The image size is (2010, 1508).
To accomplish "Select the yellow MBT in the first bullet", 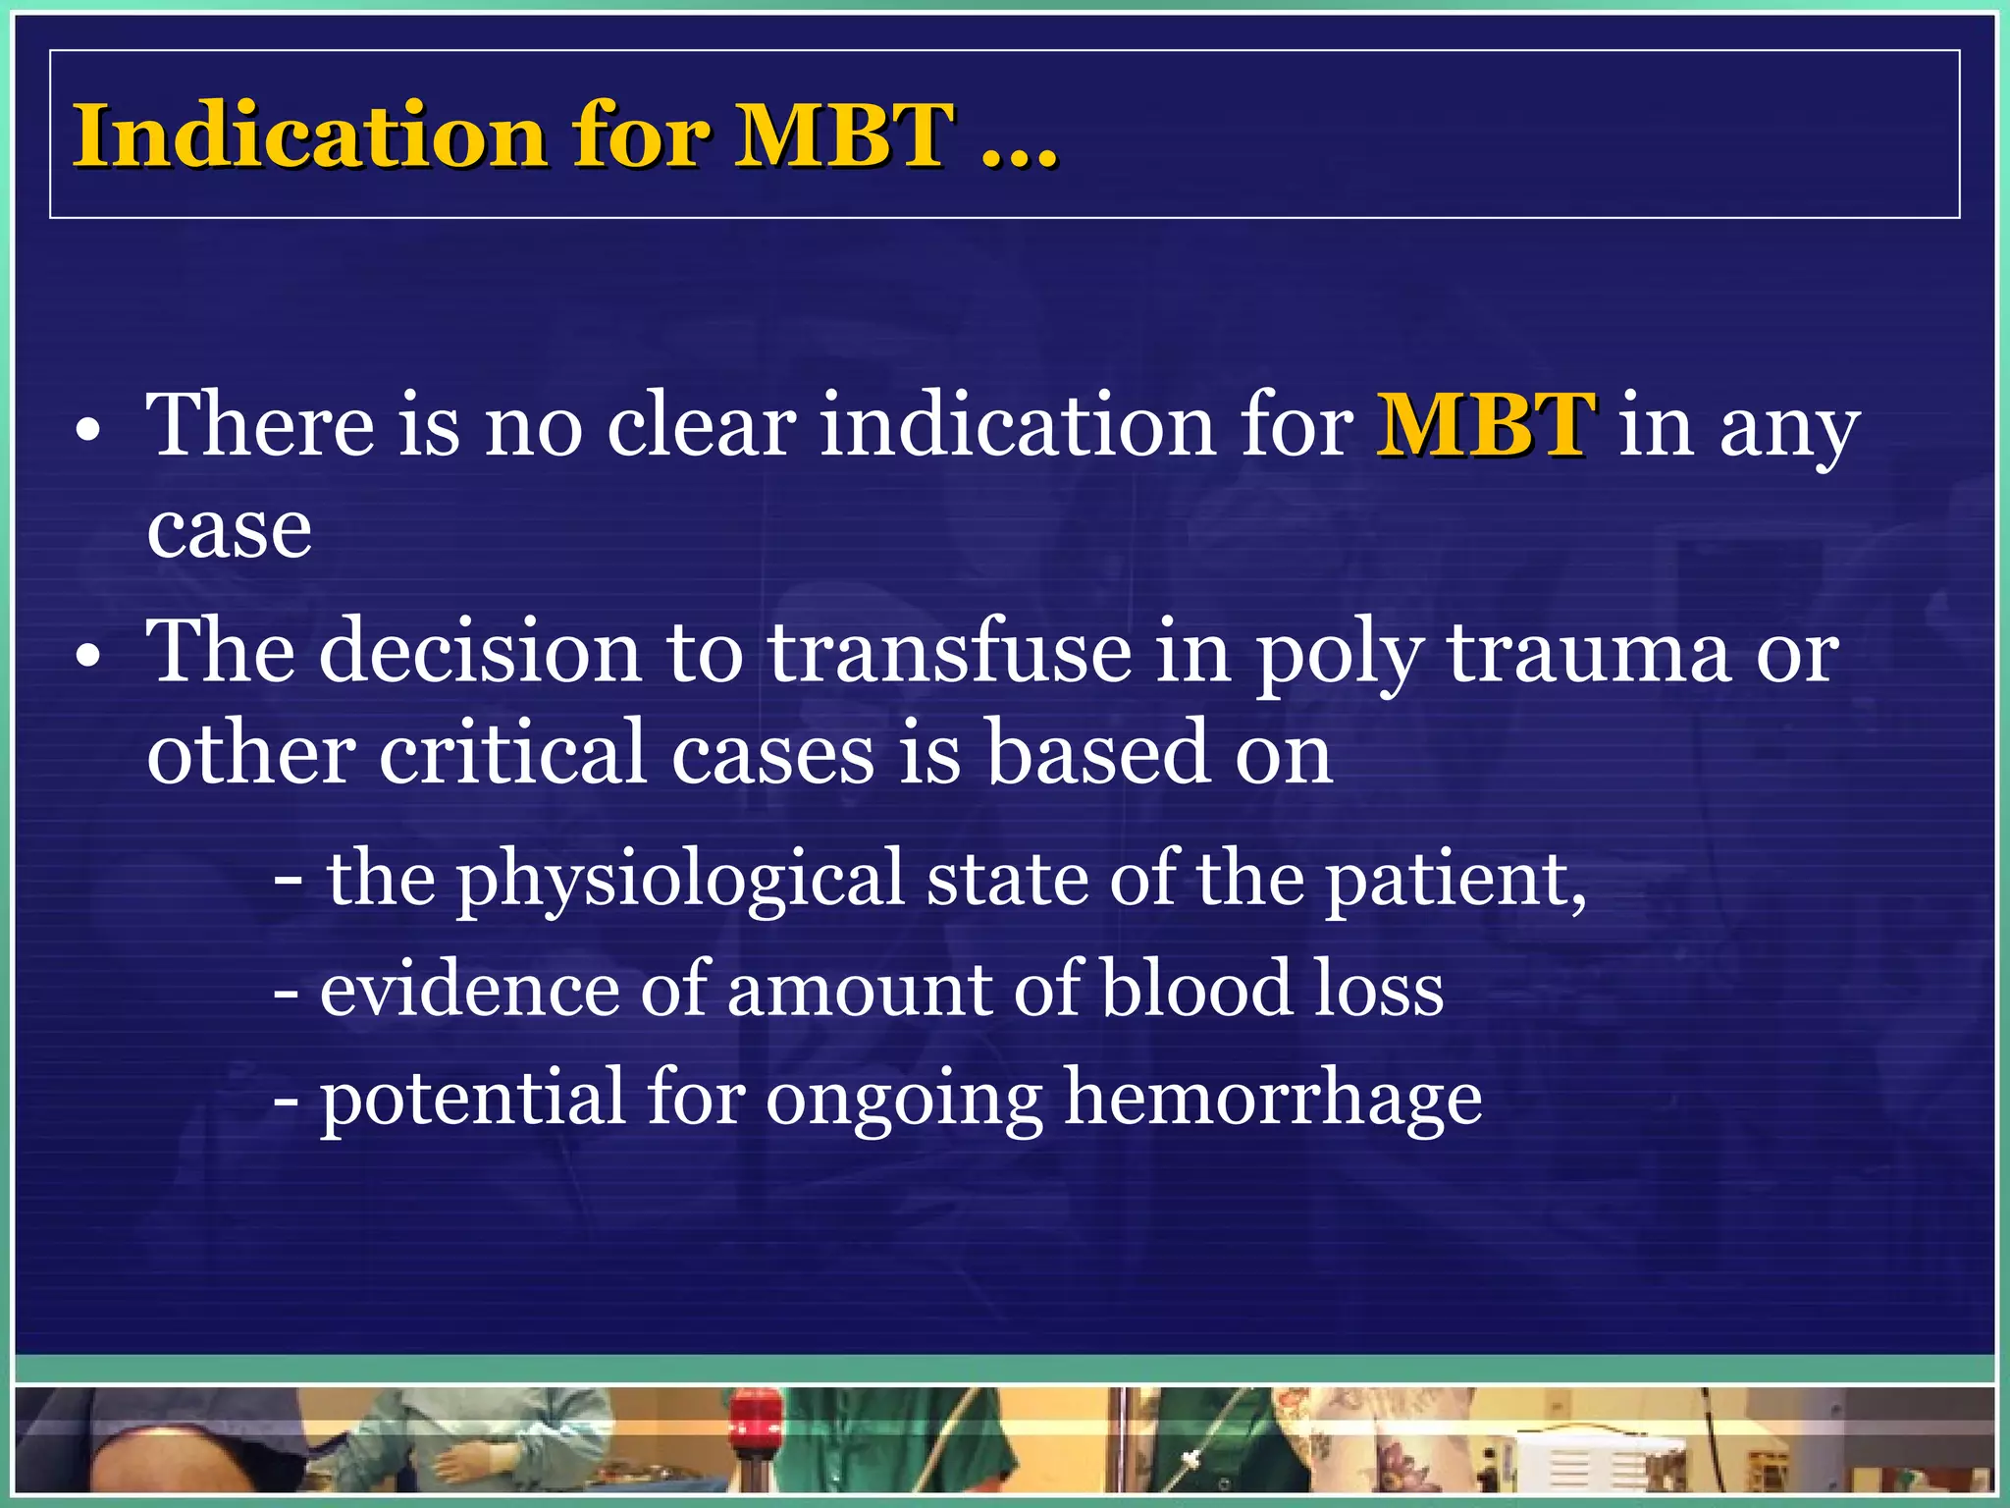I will click(x=1486, y=424).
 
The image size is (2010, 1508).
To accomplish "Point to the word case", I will click(x=229, y=530).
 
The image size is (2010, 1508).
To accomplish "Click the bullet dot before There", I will click(x=88, y=432).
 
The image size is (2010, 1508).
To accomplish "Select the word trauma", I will click(x=1589, y=652).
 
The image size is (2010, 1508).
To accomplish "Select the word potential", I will click(x=472, y=1098).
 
